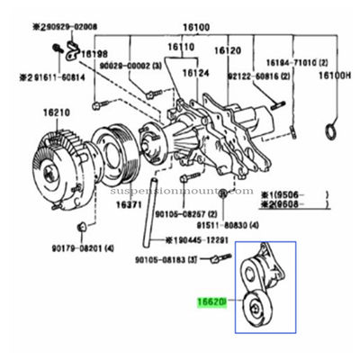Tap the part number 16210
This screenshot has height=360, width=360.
pos(56,116)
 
